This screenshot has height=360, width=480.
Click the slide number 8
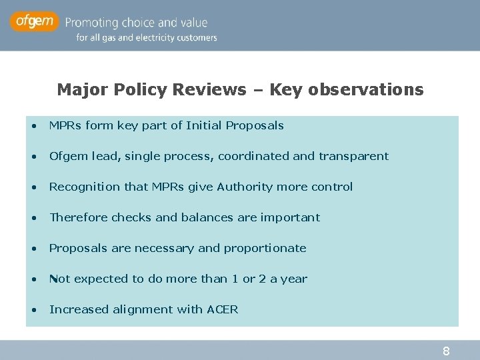[x=446, y=351]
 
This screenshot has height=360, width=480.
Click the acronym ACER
[x=223, y=309]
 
